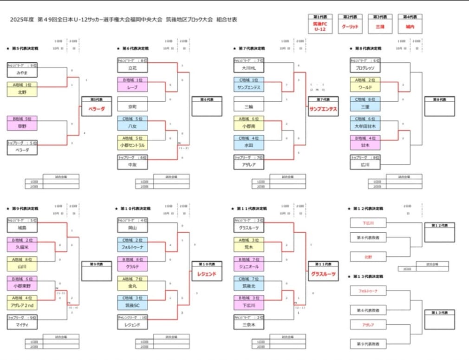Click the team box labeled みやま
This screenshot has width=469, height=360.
click(22, 73)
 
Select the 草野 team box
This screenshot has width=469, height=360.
click(22, 126)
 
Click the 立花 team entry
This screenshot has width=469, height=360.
click(132, 68)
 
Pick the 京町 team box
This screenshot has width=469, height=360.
click(132, 107)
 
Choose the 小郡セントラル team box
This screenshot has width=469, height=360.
click(132, 145)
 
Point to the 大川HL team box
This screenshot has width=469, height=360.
click(249, 68)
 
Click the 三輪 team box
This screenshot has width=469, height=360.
click(249, 107)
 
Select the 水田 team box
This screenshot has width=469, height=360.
click(249, 145)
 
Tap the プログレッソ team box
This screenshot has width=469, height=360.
click(365, 68)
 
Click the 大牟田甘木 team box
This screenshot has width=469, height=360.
click(365, 126)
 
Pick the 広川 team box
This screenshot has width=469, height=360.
click(365, 165)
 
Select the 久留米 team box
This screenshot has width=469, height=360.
click(22, 247)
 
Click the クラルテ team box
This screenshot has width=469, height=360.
click(132, 267)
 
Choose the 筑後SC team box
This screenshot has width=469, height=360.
click(132, 305)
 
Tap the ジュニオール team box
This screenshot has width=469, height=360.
click(249, 267)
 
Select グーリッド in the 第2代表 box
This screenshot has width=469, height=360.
click(350, 27)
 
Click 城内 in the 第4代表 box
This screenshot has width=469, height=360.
click(410, 27)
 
